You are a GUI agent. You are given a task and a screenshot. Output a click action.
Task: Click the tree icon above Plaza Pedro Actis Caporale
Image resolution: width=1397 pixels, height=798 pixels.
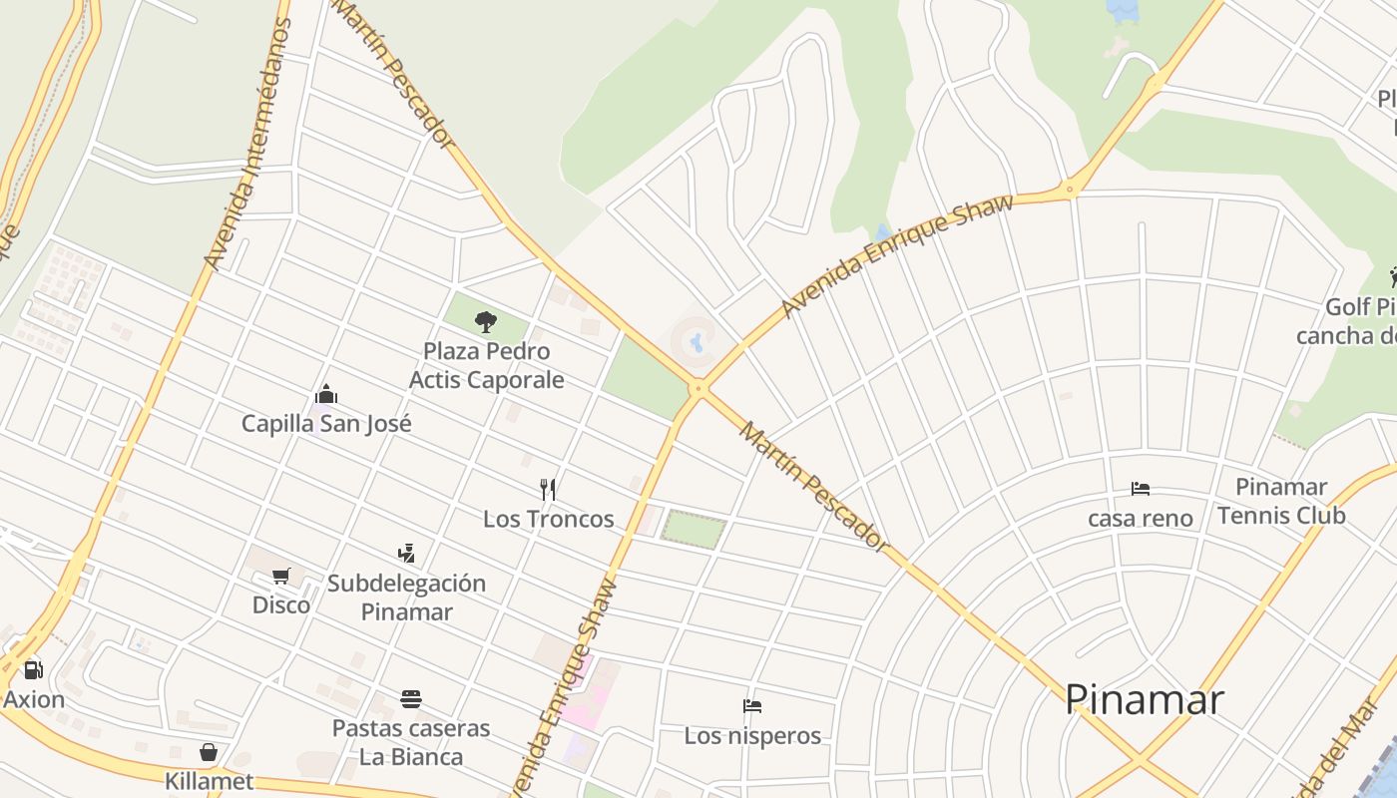(486, 321)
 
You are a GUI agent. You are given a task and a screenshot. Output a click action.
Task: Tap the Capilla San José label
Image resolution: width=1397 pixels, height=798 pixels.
(326, 423)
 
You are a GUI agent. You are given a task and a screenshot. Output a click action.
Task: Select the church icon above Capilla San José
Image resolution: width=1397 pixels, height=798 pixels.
(326, 394)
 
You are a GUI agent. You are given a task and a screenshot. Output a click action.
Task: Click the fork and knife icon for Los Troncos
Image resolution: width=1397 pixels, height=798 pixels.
(547, 489)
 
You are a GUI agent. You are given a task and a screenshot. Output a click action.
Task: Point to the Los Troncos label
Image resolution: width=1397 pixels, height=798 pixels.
(548, 519)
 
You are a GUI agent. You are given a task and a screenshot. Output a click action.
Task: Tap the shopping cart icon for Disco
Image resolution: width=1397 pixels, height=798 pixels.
(281, 576)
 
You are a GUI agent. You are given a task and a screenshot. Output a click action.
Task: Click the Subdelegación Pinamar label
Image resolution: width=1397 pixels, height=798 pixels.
(406, 597)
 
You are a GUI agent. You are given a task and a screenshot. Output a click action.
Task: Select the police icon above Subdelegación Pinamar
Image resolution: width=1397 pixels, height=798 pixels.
(406, 553)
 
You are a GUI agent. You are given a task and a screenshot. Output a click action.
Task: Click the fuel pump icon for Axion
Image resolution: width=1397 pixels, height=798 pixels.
(33, 670)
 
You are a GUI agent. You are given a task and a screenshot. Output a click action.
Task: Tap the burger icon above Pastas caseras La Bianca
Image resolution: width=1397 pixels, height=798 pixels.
(411, 698)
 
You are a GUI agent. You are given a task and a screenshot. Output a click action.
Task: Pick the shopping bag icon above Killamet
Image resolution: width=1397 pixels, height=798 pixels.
(209, 751)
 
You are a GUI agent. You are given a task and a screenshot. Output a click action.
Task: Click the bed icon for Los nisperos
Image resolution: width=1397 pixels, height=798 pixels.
(752, 706)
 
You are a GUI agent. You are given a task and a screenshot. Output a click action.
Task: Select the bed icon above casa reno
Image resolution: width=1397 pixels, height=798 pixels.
(1141, 489)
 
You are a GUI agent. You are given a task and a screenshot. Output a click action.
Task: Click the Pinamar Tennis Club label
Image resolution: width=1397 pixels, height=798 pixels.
(1281, 501)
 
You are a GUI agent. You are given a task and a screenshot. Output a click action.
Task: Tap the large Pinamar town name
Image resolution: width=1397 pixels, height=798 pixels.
(1145, 699)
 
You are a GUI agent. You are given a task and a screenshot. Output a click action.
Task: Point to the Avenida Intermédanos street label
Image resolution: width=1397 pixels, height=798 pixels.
(246, 145)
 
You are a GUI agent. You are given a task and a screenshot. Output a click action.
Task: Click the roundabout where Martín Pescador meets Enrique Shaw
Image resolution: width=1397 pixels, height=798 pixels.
(698, 389)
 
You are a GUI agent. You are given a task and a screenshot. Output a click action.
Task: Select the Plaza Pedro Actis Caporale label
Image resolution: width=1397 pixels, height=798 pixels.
(486, 365)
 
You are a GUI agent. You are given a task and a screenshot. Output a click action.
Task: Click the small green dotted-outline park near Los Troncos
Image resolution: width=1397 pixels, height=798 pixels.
(694, 530)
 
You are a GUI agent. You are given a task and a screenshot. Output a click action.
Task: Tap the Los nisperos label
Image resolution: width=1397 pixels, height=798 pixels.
(752, 736)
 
